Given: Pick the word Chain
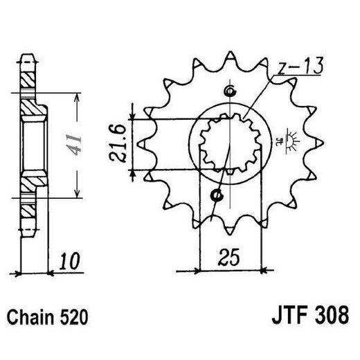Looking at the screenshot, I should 32,319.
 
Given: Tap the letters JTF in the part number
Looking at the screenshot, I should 282,319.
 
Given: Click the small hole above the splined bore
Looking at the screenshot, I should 229,92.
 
